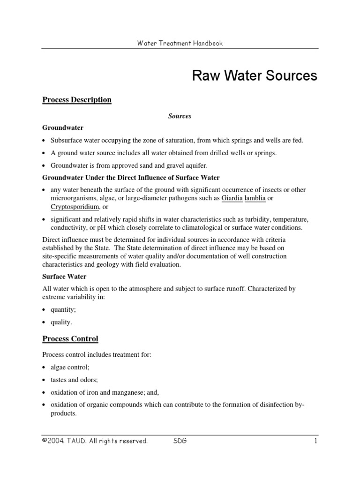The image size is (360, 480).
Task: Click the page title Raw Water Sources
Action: click(255, 76)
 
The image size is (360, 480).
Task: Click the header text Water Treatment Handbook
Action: click(180, 43)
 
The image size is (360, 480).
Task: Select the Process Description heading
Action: click(77, 100)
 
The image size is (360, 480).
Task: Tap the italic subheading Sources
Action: click(180, 116)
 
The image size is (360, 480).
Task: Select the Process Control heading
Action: click(70, 338)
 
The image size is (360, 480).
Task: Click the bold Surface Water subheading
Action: click(64, 277)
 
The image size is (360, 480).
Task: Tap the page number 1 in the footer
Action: click(316, 441)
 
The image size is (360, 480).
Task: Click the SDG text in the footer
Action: click(180, 441)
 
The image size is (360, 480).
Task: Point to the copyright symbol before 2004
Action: click(45, 441)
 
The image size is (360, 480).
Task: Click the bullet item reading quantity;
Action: click(64, 309)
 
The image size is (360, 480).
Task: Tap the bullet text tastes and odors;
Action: click(74, 380)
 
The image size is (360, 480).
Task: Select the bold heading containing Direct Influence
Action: click(131, 178)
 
